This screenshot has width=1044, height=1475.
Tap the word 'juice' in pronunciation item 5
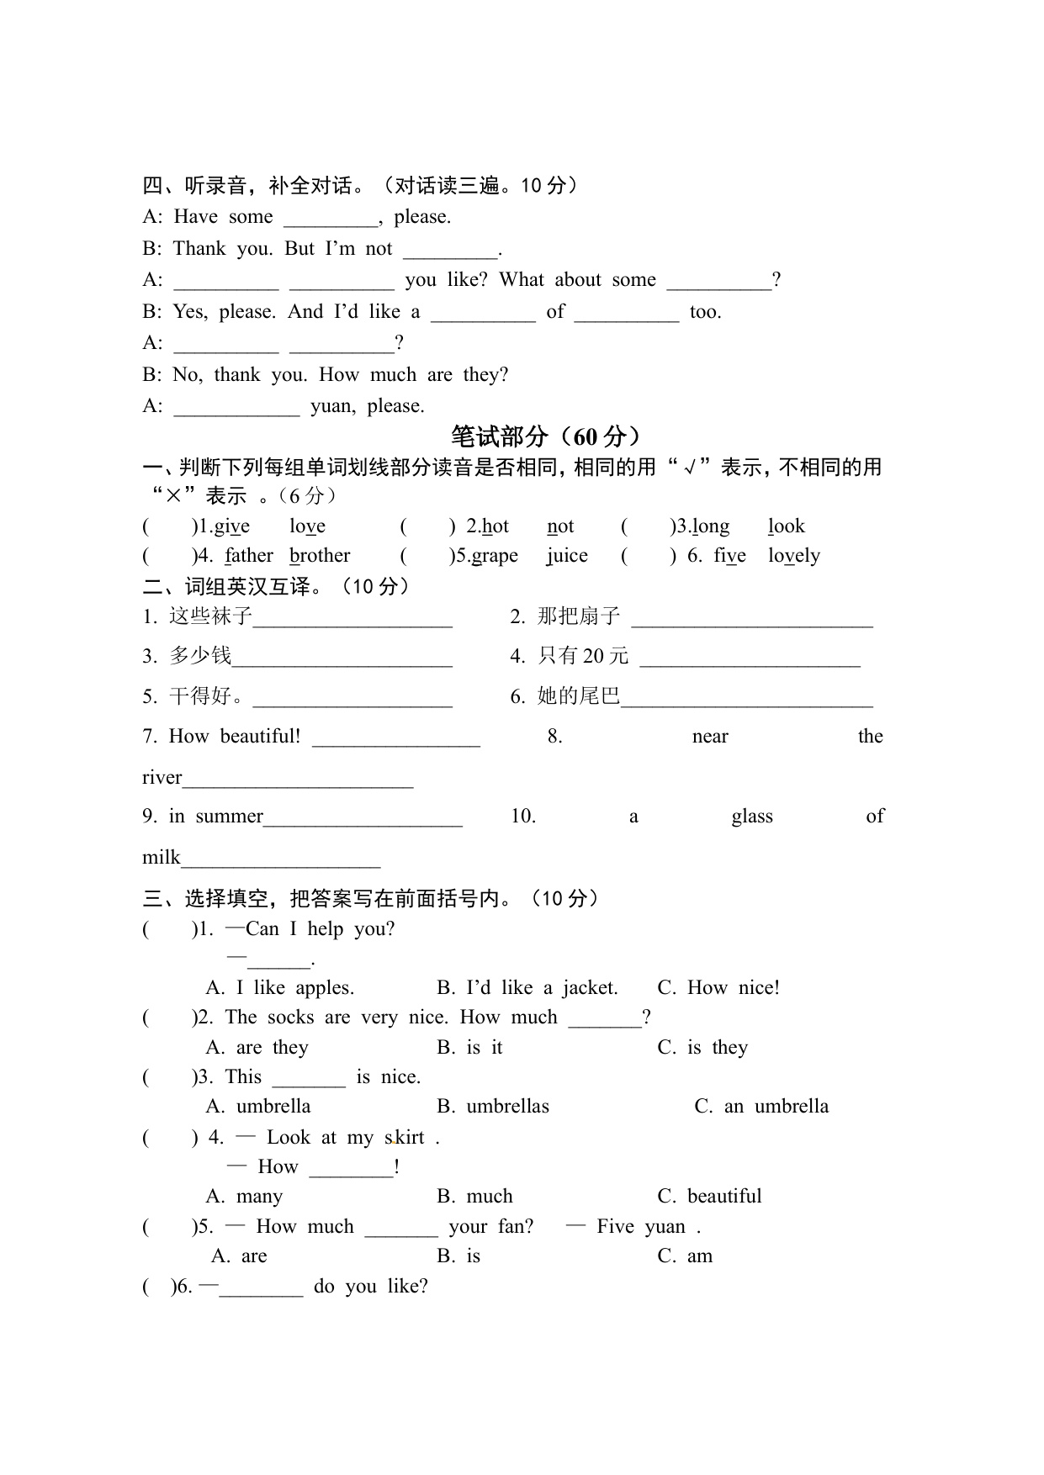point(567,556)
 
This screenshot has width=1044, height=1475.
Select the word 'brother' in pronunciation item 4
point(320,556)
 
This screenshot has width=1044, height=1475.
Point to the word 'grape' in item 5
point(495,556)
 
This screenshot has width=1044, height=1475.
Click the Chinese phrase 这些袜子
point(210,616)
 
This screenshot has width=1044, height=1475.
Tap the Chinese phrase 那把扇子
point(579,616)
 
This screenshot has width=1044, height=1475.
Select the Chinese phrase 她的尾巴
point(579,696)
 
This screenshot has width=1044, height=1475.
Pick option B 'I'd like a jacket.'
point(527,987)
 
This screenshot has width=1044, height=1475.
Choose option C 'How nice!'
point(718,987)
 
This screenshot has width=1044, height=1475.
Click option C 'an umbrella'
point(761,1107)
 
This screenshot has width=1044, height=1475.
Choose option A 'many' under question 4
point(244,1196)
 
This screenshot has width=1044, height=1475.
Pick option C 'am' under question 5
point(685,1256)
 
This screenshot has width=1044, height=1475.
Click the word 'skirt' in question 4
point(405,1138)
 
